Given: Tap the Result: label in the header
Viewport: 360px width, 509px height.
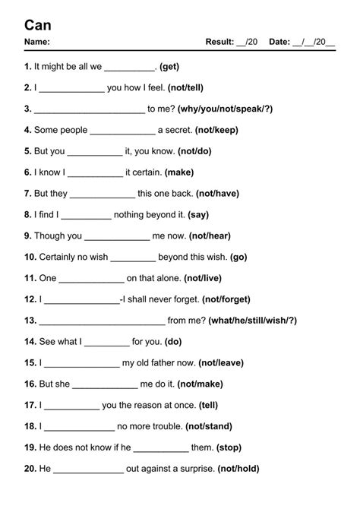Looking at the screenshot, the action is (219, 43).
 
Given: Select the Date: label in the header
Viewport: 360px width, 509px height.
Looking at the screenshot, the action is (279, 43).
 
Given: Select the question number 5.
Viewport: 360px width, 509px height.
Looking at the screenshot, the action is (28, 151).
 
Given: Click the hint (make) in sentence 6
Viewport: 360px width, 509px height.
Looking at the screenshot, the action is (178, 172).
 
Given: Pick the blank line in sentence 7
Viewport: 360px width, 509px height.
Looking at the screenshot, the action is (102, 194).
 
